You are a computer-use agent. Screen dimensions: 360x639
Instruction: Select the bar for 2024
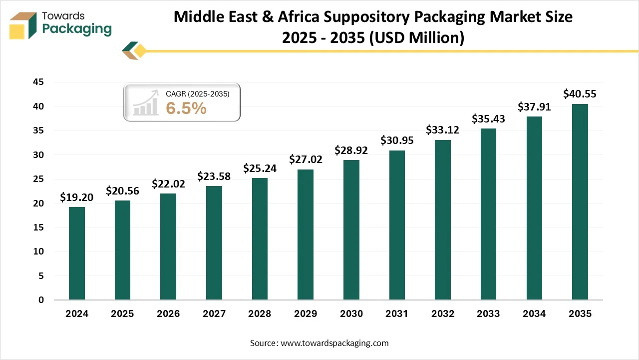coord(76,253)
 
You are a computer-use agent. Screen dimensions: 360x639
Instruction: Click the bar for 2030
coord(351,230)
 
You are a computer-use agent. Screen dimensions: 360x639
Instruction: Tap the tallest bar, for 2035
coord(580,202)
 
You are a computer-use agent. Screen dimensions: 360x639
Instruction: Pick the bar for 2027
coord(214,243)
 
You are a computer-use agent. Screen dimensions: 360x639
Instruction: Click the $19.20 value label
coord(76,197)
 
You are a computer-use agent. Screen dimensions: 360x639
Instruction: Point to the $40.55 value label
coord(580,94)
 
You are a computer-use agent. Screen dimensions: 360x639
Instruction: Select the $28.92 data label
coord(351,150)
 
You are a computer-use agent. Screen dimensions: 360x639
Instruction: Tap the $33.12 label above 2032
coord(442,130)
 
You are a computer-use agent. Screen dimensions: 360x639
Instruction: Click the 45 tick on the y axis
coord(38,82)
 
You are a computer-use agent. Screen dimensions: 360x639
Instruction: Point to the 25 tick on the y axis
coord(38,179)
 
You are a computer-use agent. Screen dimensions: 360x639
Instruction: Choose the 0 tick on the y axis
coord(41,300)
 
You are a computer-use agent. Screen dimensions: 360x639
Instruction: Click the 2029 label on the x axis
coord(305,314)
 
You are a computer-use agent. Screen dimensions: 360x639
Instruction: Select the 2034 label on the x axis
coord(534,314)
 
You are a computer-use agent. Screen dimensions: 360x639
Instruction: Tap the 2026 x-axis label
coord(168,314)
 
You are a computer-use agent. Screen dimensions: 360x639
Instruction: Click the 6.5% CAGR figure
coord(186,107)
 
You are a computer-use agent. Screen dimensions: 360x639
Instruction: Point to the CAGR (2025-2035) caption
coord(197,93)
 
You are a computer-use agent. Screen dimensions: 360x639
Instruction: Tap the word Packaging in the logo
coord(77,29)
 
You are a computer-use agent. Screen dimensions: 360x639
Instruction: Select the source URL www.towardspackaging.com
coord(334,343)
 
